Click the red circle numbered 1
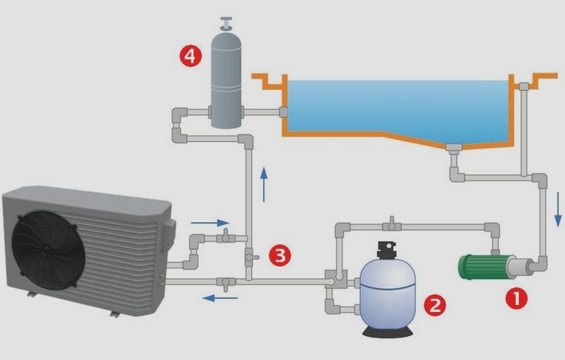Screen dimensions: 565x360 click(x=516, y=298)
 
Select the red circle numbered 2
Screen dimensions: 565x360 click(x=434, y=305)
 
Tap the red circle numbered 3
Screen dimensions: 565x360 click(x=280, y=256)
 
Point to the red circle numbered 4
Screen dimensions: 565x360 click(x=191, y=56)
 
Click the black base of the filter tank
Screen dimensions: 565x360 click(x=387, y=332)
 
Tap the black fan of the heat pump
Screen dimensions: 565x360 click(x=47, y=250)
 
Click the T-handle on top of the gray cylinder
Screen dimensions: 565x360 click(x=226, y=23)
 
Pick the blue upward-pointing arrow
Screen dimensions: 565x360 click(x=264, y=184)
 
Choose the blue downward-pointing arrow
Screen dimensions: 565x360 click(x=558, y=209)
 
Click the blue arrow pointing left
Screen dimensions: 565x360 click(x=220, y=298)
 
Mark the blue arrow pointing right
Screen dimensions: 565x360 click(x=210, y=223)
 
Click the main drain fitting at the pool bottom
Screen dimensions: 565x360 click(x=453, y=148)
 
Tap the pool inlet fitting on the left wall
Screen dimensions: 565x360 click(x=283, y=112)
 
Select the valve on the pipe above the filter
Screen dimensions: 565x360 click(x=392, y=224)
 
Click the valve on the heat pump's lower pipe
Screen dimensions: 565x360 click(x=226, y=283)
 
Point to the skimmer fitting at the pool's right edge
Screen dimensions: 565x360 click(x=524, y=86)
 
